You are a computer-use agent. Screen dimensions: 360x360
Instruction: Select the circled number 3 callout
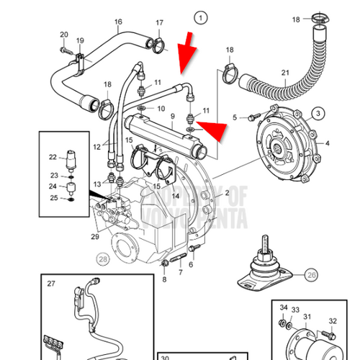pos(316,113)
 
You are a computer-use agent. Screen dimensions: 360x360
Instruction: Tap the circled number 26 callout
pos(310,274)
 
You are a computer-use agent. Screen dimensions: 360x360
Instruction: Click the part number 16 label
pos(118,22)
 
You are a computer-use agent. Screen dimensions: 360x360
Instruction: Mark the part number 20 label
pos(63,35)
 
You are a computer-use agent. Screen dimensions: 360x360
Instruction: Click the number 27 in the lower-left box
pos(50,284)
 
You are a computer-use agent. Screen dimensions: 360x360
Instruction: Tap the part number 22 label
pos(53,157)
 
